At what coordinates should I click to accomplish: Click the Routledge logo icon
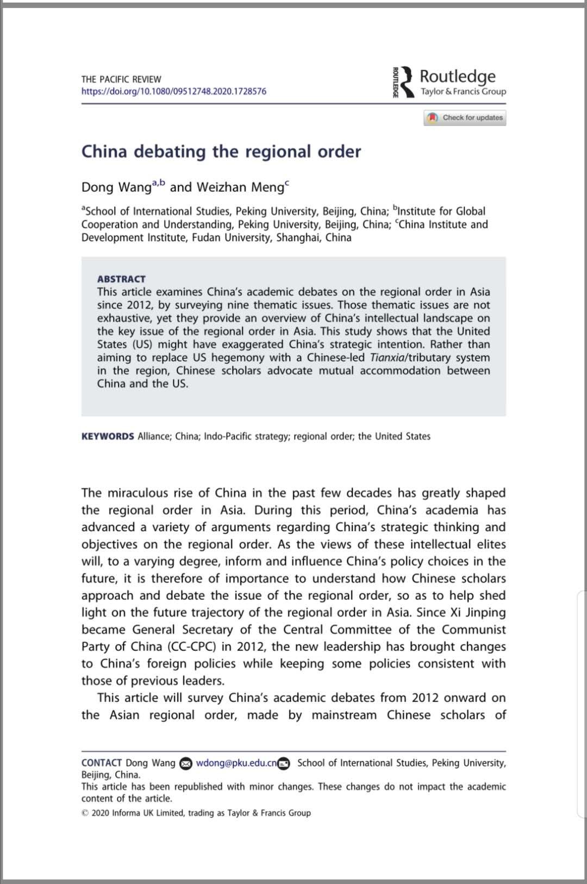(404, 83)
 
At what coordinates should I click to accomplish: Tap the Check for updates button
(465, 117)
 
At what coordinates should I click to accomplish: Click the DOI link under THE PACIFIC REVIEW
(174, 91)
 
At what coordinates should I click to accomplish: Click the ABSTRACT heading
(121, 279)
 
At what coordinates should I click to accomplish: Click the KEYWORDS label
(108, 436)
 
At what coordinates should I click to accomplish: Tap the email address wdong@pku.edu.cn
(236, 763)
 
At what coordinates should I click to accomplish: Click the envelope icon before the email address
(186, 763)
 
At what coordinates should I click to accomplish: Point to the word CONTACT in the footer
(102, 763)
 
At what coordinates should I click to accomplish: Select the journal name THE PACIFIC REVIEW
(121, 79)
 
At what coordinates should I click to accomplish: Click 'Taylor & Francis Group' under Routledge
(463, 91)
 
